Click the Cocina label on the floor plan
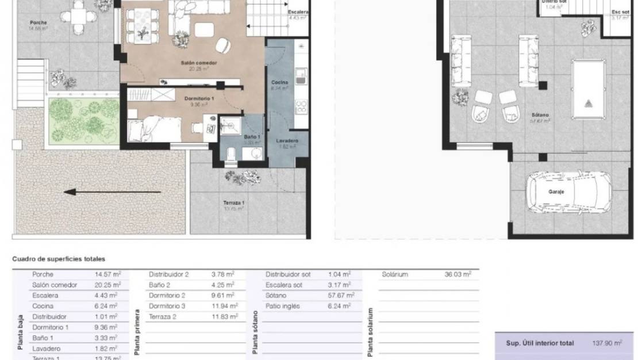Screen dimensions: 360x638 [279, 83]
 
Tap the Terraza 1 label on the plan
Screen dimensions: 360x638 [234, 203]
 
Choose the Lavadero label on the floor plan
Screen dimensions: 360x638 [286, 141]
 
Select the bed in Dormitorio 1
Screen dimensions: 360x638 [151, 128]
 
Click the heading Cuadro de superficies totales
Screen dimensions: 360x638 [59, 259]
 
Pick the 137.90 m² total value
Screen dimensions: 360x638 [607, 343]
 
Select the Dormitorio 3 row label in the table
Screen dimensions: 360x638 [167, 306]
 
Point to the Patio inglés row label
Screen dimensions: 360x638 [283, 306]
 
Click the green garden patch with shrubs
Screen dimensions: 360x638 [83, 120]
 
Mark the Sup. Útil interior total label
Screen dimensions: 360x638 [539, 343]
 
